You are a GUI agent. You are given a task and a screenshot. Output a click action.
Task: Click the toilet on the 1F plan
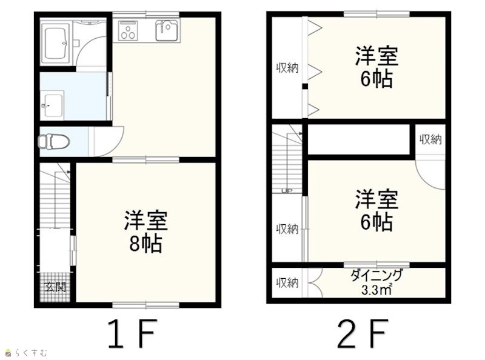54,142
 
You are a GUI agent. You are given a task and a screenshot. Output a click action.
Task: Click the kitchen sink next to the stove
167,30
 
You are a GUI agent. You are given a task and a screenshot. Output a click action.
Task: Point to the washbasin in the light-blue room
52,105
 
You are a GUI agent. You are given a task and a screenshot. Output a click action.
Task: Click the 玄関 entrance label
56,287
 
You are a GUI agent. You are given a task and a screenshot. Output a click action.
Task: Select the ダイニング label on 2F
376,275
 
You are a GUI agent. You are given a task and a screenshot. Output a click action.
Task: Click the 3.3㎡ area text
376,290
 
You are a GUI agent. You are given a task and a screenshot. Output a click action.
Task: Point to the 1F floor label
131,334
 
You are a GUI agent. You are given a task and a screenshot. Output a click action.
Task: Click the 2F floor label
362,334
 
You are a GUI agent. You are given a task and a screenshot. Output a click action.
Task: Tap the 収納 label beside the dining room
287,283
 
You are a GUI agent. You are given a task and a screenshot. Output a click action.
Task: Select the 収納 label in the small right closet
430,140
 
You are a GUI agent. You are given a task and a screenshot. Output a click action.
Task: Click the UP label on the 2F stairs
287,191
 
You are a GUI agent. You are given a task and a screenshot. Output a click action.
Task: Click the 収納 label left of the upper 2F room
287,68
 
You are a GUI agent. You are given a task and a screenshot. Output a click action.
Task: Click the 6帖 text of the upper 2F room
376,79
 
